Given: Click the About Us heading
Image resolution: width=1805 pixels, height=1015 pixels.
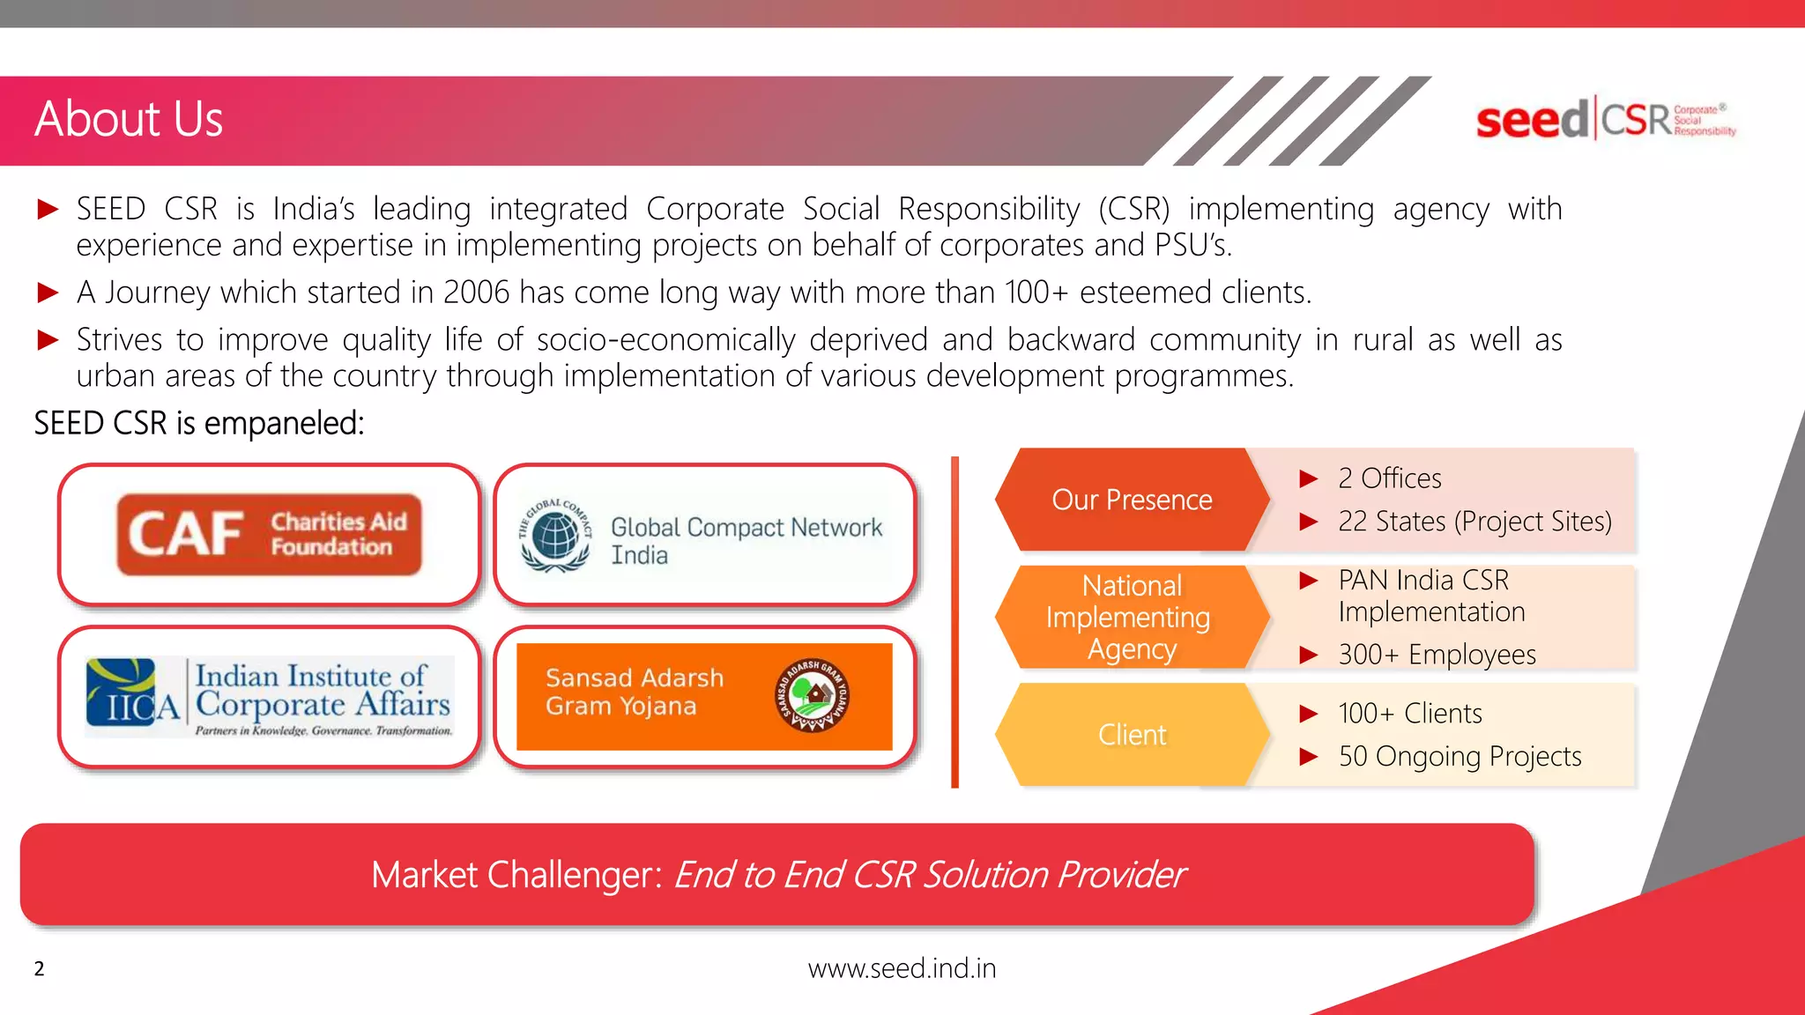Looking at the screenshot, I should pyautogui.click(x=129, y=119).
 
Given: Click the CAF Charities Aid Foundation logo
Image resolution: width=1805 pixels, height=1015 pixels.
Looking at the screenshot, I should pyautogui.click(x=269, y=535).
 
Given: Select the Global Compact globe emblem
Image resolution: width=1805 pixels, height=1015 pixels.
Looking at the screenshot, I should pyautogui.click(x=555, y=536).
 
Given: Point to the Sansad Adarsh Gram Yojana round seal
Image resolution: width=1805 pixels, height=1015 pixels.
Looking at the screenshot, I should pyautogui.click(x=812, y=696).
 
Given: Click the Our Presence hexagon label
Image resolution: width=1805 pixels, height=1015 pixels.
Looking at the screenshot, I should pyautogui.click(x=1132, y=500).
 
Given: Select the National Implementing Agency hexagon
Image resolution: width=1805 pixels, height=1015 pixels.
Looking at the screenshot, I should pyautogui.click(x=1132, y=617).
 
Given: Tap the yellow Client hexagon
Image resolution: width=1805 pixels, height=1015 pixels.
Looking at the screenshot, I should pyautogui.click(x=1132, y=735).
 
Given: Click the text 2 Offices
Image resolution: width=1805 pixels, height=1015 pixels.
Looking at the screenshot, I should pyautogui.click(x=1389, y=478).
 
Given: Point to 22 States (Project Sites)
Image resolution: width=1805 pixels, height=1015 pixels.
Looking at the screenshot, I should pyautogui.click(x=1474, y=522).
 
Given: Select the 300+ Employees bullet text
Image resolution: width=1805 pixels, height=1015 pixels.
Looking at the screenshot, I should pyautogui.click(x=1437, y=655).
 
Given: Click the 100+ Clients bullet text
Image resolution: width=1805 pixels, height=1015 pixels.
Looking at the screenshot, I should pyautogui.click(x=1409, y=714).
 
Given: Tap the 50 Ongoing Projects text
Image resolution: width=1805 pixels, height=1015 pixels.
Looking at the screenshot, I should pyautogui.click(x=1460, y=757).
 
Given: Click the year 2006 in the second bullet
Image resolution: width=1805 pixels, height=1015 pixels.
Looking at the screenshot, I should pyautogui.click(x=476, y=293).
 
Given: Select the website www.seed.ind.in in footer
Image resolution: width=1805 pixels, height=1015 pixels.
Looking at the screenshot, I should pyautogui.click(x=902, y=968).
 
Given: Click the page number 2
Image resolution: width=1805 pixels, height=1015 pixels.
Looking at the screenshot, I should pyautogui.click(x=39, y=969).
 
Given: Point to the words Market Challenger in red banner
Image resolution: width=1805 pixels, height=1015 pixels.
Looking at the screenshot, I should pyautogui.click(x=516, y=875).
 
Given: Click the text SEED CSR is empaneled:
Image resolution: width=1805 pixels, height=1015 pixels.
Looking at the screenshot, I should pyautogui.click(x=199, y=424).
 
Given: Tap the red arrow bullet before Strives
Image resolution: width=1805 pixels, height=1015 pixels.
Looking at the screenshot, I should pyautogui.click(x=48, y=340).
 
